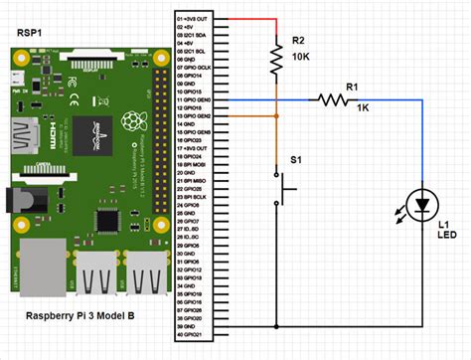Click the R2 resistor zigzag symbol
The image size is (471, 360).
(275, 63)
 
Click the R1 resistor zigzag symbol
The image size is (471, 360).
(333, 98)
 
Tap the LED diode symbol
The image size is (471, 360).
(424, 206)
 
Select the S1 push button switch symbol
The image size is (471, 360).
(282, 184)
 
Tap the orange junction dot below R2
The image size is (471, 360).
(275, 115)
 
